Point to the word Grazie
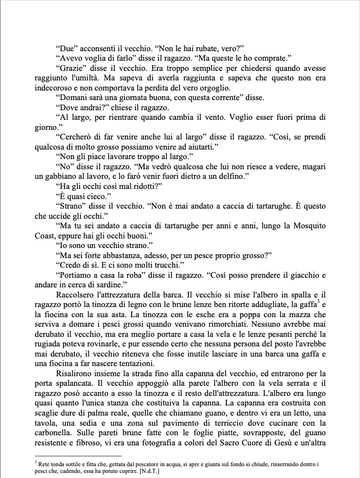[x=69, y=68]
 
